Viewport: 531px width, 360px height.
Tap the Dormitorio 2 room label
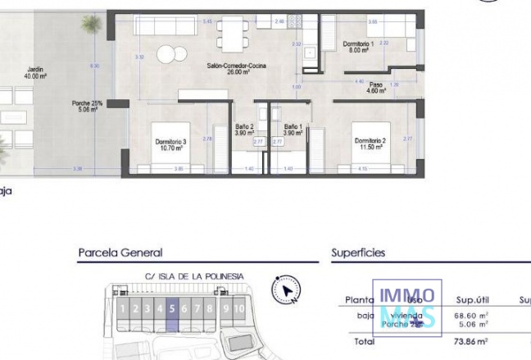point(370,144)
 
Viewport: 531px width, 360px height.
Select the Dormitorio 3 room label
point(171,144)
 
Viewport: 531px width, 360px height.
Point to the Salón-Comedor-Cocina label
point(236,69)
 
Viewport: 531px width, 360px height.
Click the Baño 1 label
point(293,130)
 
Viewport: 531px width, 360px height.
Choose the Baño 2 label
point(244,130)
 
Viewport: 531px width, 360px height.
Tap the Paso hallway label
point(375,88)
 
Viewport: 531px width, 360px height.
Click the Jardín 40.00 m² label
point(34,73)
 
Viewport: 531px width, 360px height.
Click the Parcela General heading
point(120,253)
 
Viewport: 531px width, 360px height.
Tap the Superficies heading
point(358,253)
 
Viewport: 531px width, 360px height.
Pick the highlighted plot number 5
point(172,309)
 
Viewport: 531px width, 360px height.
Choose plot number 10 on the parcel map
point(238,309)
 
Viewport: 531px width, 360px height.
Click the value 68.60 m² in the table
point(472,315)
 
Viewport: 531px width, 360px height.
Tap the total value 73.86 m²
point(472,341)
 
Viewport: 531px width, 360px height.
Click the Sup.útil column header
point(472,300)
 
